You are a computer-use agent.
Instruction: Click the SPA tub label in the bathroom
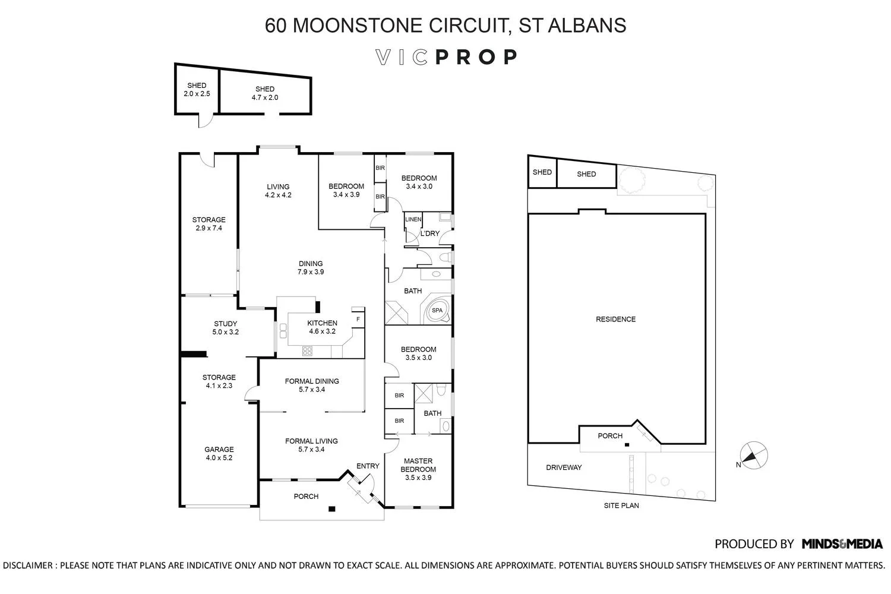tap(437, 311)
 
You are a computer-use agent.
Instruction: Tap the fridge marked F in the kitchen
tap(358, 319)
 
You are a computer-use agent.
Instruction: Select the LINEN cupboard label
tap(413, 220)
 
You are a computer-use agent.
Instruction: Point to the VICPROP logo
tap(446, 57)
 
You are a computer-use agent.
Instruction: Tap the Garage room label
tap(219, 453)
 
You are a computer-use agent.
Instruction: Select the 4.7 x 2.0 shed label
tap(265, 93)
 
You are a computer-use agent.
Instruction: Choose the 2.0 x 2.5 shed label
tap(197, 90)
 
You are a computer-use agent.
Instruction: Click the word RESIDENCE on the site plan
tap(615, 319)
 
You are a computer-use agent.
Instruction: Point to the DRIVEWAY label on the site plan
tap(564, 467)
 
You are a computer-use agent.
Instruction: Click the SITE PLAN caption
tap(621, 505)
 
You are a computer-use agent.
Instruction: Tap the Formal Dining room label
tap(312, 386)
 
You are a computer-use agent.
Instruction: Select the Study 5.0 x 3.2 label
tap(225, 328)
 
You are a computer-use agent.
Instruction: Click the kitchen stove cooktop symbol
tap(307, 351)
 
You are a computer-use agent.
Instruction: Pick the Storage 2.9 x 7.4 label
tap(208, 224)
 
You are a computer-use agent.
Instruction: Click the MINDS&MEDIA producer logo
tap(842, 544)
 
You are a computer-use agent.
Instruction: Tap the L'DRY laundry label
tap(429, 233)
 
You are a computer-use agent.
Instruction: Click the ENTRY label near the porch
tap(368, 466)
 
